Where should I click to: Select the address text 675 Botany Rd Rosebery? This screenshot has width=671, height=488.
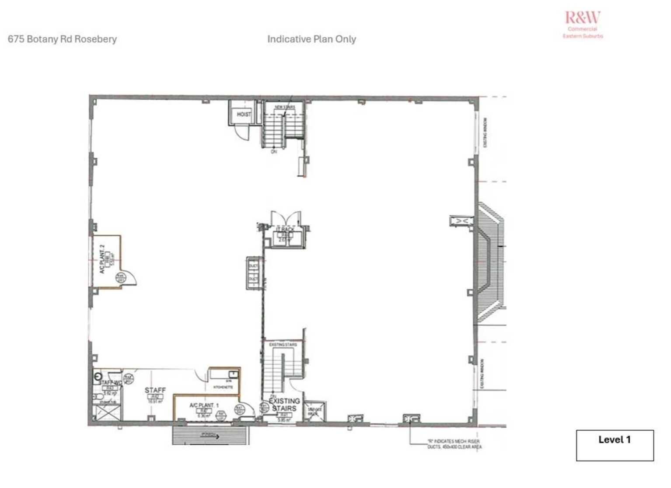62,39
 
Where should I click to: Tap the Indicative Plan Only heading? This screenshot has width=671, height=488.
311,39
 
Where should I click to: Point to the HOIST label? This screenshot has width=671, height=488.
244,114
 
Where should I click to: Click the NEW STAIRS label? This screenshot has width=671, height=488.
284,107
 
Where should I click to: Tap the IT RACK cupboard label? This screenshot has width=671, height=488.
285,229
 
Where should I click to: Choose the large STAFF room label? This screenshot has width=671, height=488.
155,390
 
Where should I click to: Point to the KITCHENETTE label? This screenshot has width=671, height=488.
223,387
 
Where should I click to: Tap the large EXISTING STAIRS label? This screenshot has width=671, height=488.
284,404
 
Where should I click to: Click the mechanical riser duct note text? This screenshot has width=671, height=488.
454,444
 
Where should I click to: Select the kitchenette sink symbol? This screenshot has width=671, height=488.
234,374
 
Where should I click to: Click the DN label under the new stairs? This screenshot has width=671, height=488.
274,152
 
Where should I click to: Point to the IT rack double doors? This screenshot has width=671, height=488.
286,218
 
